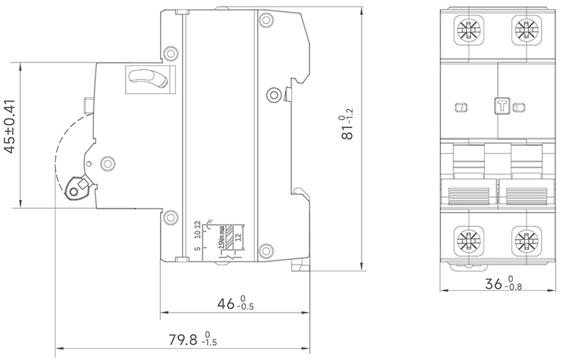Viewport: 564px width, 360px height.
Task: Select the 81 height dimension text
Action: pyautogui.click(x=347, y=125)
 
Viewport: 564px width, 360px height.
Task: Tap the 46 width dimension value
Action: pyautogui.click(x=234, y=304)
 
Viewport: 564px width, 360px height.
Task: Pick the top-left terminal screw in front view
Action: pyautogui.click(x=466, y=31)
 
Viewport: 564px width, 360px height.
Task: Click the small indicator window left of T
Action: pyautogui.click(x=460, y=107)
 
